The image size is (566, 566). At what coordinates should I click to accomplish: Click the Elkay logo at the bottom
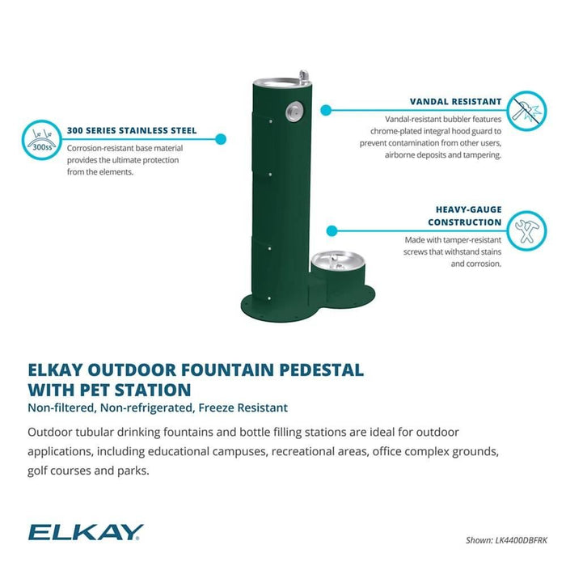(x=86, y=531)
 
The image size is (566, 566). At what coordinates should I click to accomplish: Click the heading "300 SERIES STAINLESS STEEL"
(x=132, y=130)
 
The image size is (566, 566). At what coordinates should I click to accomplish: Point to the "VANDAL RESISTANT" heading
(x=456, y=103)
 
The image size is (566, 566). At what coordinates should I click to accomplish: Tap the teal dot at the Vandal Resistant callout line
(x=325, y=109)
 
